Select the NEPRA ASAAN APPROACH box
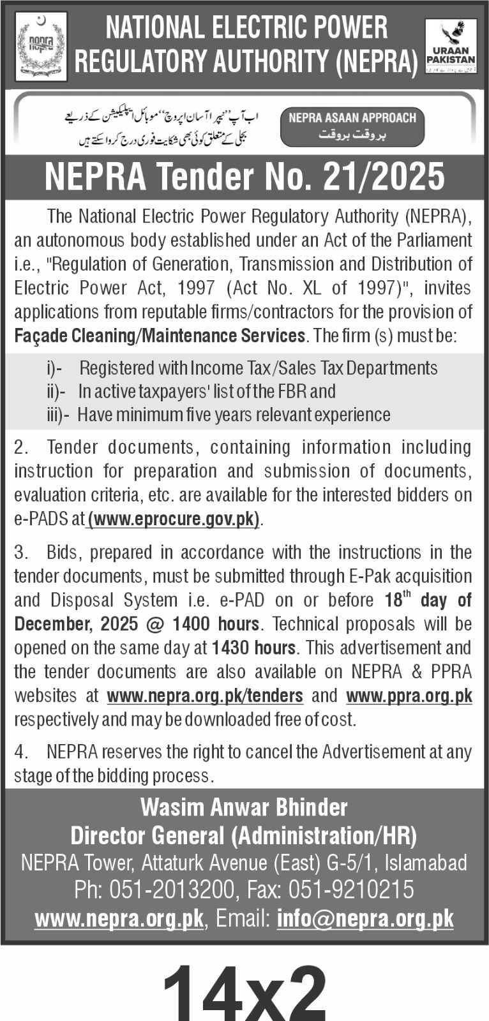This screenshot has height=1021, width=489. pyautogui.click(x=352, y=125)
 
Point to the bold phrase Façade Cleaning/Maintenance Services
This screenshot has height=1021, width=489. pyautogui.click(x=160, y=336)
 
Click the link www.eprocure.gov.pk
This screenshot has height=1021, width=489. pyautogui.click(x=174, y=519)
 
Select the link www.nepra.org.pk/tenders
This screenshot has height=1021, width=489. pyautogui.click(x=205, y=695)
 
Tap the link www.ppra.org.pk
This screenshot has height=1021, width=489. pyautogui.click(x=409, y=695)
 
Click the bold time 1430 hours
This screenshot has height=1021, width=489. pyautogui.click(x=253, y=648)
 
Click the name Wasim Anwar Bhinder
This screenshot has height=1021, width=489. pyautogui.click(x=244, y=808)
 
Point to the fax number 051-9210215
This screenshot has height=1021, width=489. pyautogui.click(x=351, y=890)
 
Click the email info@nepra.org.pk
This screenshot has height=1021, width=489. pyautogui.click(x=365, y=919)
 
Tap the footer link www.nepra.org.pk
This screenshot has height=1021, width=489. pyautogui.click(x=119, y=919)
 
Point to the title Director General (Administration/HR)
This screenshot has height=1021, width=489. pyautogui.click(x=244, y=835)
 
